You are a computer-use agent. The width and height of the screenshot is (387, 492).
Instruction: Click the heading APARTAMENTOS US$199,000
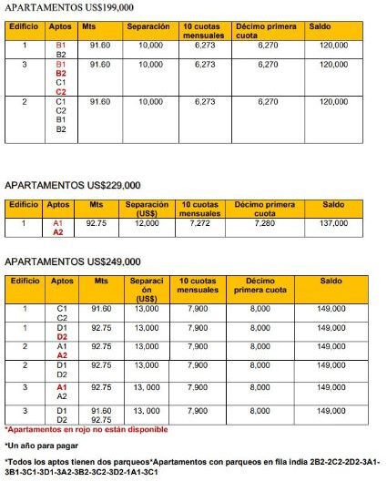[x=63, y=7]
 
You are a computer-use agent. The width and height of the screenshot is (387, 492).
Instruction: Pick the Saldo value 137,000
[x=333, y=222]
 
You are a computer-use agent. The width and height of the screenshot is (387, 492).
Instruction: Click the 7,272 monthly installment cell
[x=199, y=222]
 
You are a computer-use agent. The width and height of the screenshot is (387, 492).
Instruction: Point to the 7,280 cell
[x=269, y=222]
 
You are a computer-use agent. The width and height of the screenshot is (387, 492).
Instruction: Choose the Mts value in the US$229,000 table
[x=96, y=222]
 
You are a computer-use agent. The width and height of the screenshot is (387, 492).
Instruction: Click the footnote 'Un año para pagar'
[x=41, y=446]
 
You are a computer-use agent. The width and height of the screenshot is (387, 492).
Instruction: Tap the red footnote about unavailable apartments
[x=87, y=429]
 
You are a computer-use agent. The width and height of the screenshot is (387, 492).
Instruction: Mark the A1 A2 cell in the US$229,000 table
[x=58, y=227]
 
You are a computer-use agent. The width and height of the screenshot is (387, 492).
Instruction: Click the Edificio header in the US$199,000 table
[x=24, y=26]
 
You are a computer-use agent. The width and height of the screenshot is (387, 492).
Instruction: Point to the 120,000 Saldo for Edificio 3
[x=333, y=65]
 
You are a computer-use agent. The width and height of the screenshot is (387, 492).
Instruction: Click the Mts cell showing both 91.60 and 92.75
[x=101, y=415]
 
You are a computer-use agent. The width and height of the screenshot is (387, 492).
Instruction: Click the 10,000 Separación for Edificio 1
[x=150, y=44]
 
